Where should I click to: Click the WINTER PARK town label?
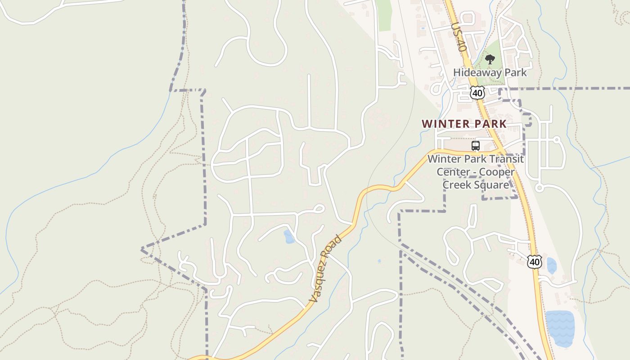[464, 124]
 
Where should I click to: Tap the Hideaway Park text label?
[490, 72]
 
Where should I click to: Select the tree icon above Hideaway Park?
[490, 59]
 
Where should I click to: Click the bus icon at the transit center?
[476, 146]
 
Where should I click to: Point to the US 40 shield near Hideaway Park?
[477, 93]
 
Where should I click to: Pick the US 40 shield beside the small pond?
[535, 261]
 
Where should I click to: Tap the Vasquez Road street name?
[325, 268]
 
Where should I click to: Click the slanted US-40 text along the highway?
[459, 37]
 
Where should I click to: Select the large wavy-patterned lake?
[560, 328]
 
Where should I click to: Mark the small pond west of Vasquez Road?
[289, 237]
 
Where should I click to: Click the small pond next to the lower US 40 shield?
[551, 265]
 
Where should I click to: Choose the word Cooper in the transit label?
[496, 172]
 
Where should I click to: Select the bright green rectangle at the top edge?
[384, 15]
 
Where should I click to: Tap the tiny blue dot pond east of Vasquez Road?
[379, 261]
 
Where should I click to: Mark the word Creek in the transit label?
[457, 185]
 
